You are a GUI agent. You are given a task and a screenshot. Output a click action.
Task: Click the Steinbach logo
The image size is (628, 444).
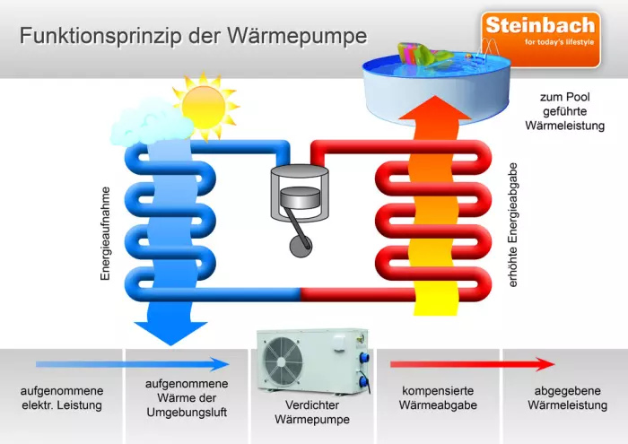[540, 39]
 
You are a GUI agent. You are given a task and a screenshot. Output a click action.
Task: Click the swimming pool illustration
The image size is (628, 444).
[437, 85]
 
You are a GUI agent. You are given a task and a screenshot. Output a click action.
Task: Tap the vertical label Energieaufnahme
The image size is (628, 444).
[105, 234]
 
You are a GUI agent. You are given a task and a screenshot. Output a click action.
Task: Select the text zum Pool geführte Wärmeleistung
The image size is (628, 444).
[564, 111]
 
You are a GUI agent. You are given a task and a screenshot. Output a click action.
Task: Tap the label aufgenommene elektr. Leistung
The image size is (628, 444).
[62, 398]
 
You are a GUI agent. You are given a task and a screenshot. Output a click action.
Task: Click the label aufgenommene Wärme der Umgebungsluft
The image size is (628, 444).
[187, 397]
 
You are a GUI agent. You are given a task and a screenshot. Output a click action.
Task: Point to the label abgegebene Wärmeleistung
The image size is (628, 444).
[564, 398]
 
